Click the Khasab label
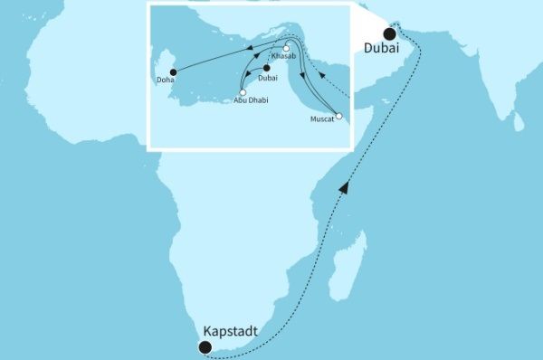(x=283, y=56)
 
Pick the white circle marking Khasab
(x=286, y=48)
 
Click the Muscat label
(x=322, y=118)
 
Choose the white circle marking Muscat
(x=338, y=116)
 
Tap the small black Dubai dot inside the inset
(x=267, y=68)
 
